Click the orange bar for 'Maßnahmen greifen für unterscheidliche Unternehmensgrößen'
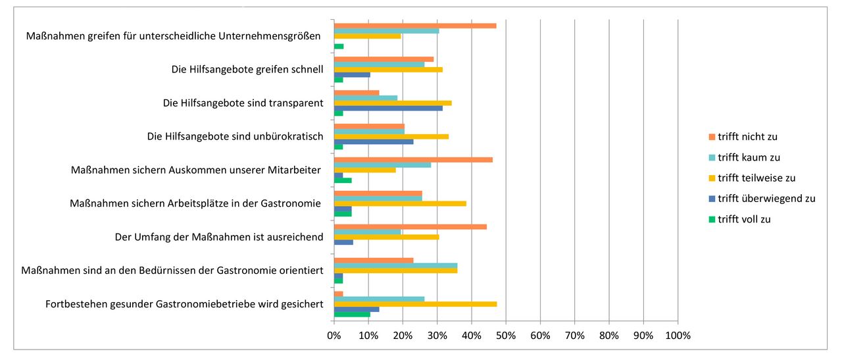click(x=414, y=26)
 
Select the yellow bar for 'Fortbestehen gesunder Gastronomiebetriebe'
click(x=415, y=304)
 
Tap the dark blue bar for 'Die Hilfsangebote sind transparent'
click(x=388, y=108)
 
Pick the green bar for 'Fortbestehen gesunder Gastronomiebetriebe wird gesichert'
click(x=352, y=315)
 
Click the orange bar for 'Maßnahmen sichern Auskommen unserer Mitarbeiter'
click(x=413, y=159)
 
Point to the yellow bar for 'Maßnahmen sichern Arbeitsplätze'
click(x=400, y=203)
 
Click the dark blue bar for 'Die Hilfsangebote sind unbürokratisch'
click(x=374, y=141)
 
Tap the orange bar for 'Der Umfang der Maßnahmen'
click(x=410, y=226)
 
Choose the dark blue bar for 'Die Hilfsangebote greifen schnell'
click(x=352, y=74)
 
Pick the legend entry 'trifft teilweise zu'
click(x=756, y=178)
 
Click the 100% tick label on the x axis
click(x=678, y=336)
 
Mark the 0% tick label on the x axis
click(x=334, y=336)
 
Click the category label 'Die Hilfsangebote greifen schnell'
click(x=247, y=70)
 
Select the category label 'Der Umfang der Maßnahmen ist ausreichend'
click(x=218, y=237)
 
